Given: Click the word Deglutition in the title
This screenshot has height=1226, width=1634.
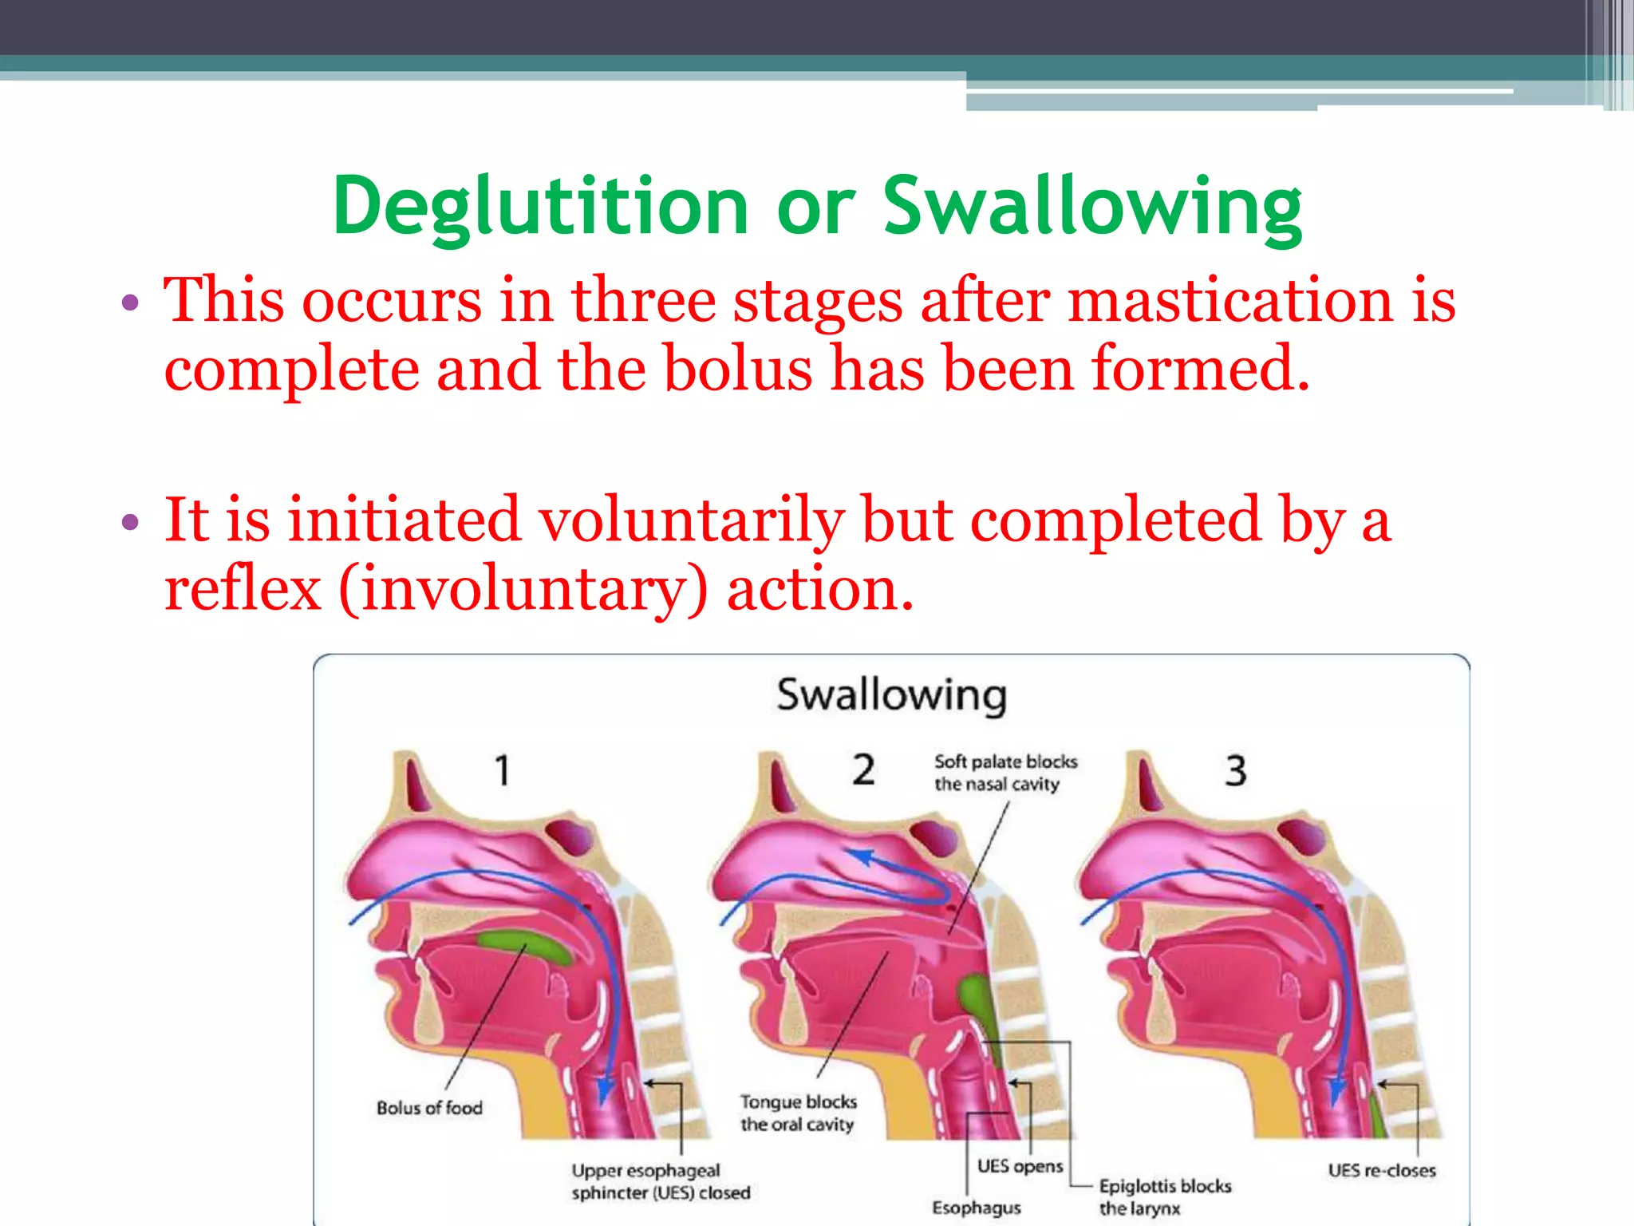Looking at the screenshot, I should (539, 208).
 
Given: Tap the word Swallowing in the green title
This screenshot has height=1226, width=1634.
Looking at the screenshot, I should (1092, 208).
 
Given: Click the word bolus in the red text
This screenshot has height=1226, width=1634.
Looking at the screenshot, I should (737, 370).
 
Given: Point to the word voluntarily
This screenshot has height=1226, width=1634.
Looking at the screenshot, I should (691, 520).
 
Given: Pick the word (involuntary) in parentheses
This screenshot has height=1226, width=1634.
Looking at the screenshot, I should (523, 589).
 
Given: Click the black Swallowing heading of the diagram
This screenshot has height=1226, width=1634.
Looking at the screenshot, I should (891, 694).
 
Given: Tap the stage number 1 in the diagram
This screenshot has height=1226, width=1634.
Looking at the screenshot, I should (502, 770).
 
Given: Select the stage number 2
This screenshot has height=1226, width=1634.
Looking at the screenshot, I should (863, 770).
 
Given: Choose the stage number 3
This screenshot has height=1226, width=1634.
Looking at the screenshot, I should (1235, 771).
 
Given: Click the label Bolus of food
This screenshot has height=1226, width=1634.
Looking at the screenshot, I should (429, 1108).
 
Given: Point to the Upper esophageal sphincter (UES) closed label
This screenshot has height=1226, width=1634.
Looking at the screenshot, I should (661, 1181).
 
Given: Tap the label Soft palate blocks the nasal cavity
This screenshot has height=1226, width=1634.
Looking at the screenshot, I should (1005, 773).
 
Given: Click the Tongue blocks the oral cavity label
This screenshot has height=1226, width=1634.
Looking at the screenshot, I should (798, 1113).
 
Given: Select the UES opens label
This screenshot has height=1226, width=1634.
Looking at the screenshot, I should (1020, 1166).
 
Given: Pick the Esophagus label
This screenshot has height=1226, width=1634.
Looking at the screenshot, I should (977, 1208).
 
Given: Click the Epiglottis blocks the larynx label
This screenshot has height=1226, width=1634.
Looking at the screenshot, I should (1164, 1196).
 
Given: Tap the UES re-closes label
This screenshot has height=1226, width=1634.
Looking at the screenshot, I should (1381, 1170).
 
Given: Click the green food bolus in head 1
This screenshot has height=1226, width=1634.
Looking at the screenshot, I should (523, 946).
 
